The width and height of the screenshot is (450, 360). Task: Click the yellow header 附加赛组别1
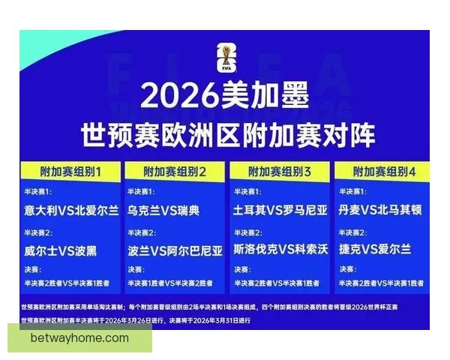70,171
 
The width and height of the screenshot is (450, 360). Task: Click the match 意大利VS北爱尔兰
70,211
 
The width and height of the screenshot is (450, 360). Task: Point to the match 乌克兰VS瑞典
163,211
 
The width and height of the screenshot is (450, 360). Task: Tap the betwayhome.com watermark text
79,338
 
